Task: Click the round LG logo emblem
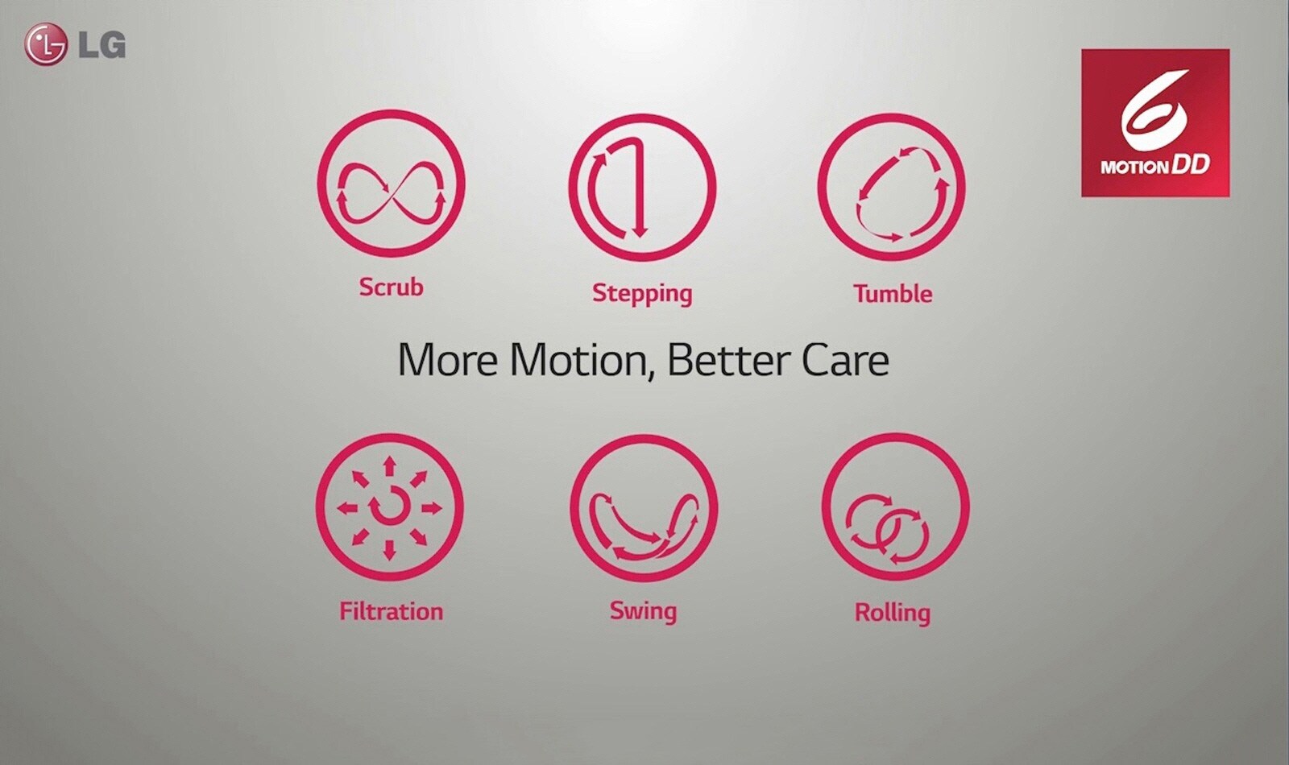pyautogui.click(x=45, y=44)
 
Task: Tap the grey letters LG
pyautogui.click(x=102, y=45)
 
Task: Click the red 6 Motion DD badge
pyautogui.click(x=1155, y=122)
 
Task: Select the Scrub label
pyautogui.click(x=392, y=287)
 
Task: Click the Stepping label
pyautogui.click(x=642, y=293)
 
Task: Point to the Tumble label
pyautogui.click(x=893, y=294)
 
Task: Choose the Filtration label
pyautogui.click(x=392, y=611)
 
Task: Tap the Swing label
pyautogui.click(x=644, y=611)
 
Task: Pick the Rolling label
pyautogui.click(x=893, y=613)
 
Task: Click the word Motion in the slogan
pyautogui.click(x=583, y=361)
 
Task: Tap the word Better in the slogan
pyautogui.click(x=727, y=359)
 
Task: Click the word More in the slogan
pyautogui.click(x=448, y=360)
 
